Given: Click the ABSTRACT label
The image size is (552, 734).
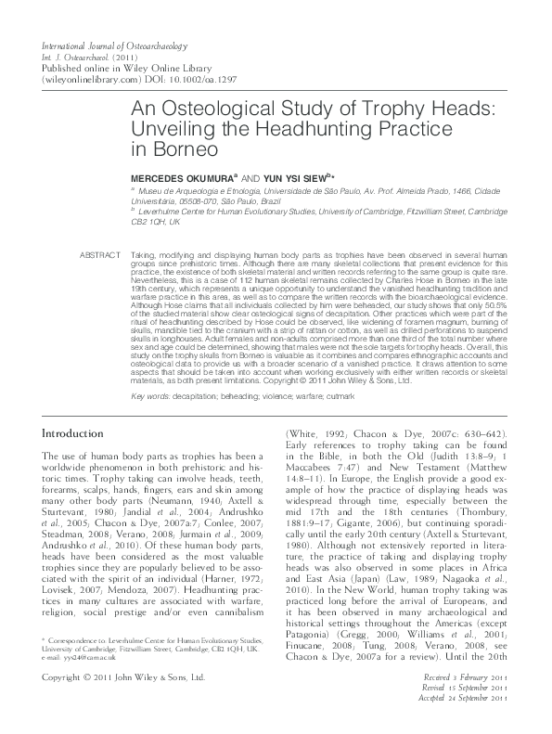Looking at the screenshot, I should (101, 228).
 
